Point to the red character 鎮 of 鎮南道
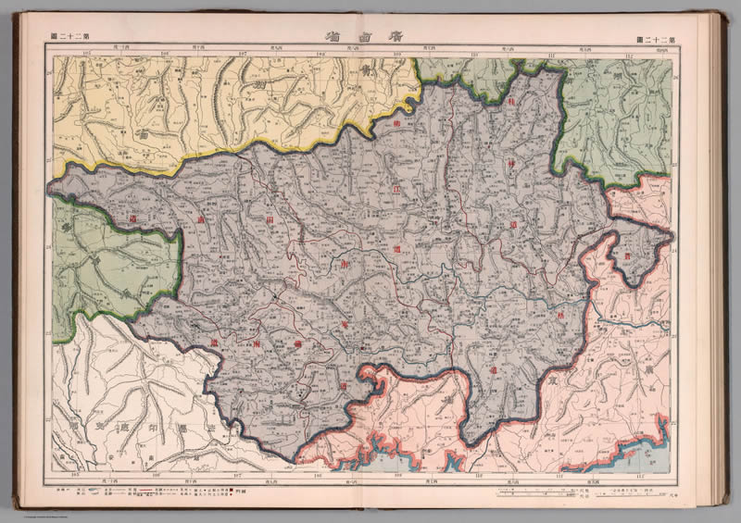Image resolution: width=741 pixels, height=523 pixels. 211,344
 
